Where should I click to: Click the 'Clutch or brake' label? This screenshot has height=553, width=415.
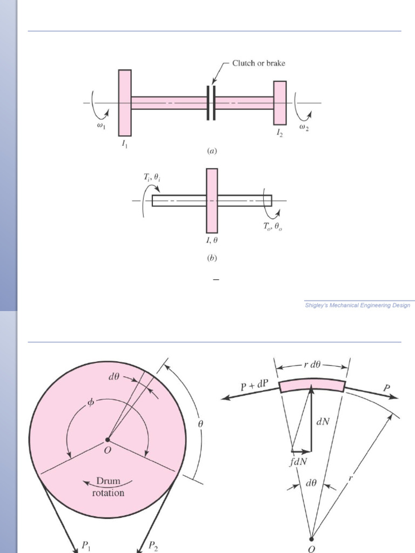click(x=259, y=63)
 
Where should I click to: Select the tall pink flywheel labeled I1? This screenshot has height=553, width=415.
click(x=125, y=103)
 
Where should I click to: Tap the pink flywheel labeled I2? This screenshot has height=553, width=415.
click(x=280, y=103)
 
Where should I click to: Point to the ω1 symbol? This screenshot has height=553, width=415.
click(x=101, y=125)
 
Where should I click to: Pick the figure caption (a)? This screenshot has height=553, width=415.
click(x=212, y=151)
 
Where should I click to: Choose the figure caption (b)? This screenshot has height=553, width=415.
click(x=212, y=258)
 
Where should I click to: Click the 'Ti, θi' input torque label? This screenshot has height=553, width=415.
click(x=152, y=177)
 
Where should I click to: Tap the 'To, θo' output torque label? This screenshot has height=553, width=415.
click(x=272, y=226)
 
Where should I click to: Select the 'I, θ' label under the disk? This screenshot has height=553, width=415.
click(x=212, y=240)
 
